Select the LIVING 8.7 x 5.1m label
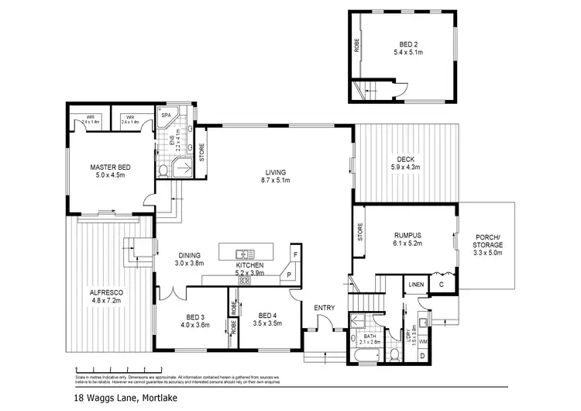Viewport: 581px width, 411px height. click(275, 176)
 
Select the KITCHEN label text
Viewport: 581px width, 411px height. click(255, 267)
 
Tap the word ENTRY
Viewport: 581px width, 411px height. click(324, 308)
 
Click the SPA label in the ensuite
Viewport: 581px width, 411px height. click(166, 116)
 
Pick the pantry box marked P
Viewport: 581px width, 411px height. click(287, 275)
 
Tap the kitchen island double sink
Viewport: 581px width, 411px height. click(246, 253)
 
